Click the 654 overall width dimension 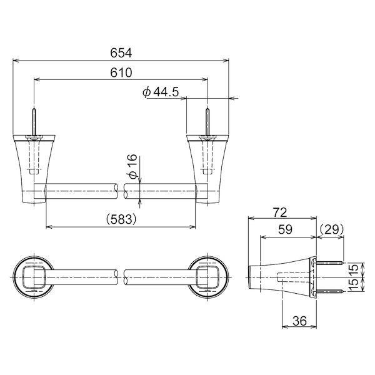click(121, 53)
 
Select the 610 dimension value click(121, 72)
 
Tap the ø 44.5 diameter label click(161, 92)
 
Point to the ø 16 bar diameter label click(133, 166)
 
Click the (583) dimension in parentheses click(121, 219)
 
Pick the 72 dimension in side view click(280, 212)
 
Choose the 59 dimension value click(285, 229)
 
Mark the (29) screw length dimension click(331, 229)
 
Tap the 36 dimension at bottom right click(299, 321)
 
